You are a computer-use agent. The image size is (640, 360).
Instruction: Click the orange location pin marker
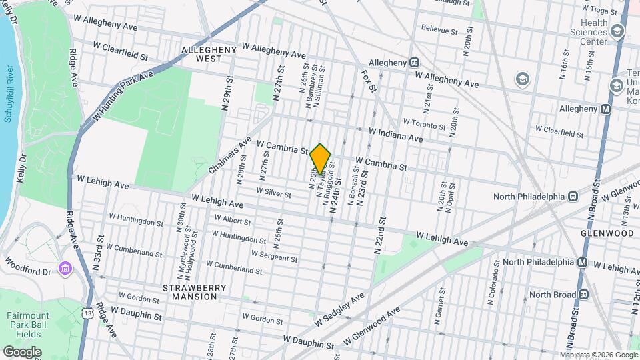point(321,159)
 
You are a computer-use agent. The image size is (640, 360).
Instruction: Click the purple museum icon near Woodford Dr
point(65,268)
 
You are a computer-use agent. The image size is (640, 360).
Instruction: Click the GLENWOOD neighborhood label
point(607,234)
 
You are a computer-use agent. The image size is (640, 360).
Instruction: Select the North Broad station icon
point(583,294)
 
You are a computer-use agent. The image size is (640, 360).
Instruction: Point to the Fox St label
point(368,79)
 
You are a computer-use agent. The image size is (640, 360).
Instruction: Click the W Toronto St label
point(424,125)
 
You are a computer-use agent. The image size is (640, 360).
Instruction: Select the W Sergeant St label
point(274,256)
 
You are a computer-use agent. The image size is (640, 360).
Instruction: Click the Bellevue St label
point(439,31)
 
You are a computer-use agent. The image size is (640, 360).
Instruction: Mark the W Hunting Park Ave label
point(123,97)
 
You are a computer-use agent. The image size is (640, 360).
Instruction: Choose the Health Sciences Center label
point(589,32)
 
